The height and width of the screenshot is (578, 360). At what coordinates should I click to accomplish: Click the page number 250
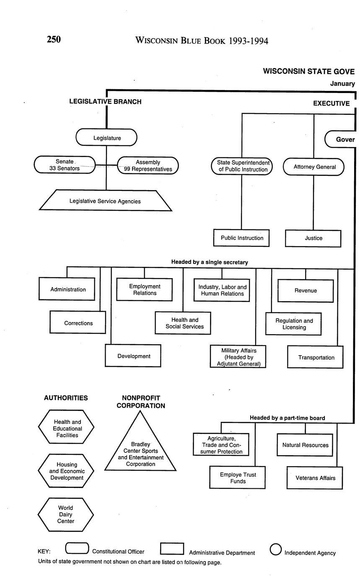pyautogui.click(x=54, y=39)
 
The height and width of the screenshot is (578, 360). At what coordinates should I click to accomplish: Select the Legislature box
pyautogui.click(x=106, y=137)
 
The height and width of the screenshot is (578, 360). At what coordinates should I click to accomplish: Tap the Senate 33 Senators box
pyautogui.click(x=65, y=165)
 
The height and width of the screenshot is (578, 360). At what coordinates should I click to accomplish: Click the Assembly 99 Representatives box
pyautogui.click(x=148, y=165)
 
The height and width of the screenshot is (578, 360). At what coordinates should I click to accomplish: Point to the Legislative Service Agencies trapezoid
pyautogui.click(x=105, y=201)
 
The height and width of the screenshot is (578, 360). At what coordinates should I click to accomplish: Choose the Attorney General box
pyautogui.click(x=314, y=167)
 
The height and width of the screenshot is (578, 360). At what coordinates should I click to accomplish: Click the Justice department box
pyautogui.click(x=313, y=238)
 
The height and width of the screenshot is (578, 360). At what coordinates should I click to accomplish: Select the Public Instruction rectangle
pyautogui.click(x=241, y=238)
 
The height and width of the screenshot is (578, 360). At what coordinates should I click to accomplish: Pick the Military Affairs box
pyautogui.click(x=238, y=356)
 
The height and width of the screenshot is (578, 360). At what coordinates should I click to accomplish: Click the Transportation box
pyautogui.click(x=316, y=357)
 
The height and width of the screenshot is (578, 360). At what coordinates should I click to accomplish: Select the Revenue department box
pyautogui.click(x=306, y=290)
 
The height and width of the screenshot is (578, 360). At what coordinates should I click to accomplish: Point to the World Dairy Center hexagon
pyautogui.click(x=66, y=514)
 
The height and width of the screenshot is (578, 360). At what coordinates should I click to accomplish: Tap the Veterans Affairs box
pyautogui.click(x=315, y=477)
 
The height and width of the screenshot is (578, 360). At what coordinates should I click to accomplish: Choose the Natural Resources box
pyautogui.click(x=305, y=445)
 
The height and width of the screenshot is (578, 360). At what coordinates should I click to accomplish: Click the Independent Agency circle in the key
pyautogui.click(x=275, y=550)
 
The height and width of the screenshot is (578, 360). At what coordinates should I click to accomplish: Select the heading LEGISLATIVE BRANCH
pyautogui.click(x=105, y=101)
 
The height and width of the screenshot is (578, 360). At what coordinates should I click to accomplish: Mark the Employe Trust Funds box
pyautogui.click(x=238, y=477)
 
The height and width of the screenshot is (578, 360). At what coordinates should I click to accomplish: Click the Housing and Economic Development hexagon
pyautogui.click(x=66, y=471)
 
